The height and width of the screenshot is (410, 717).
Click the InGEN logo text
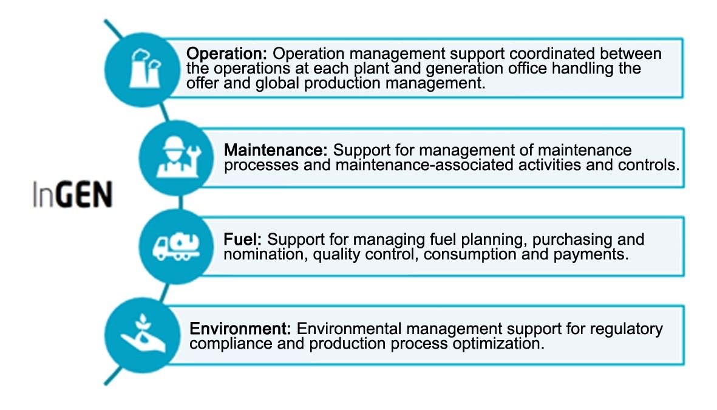click(x=72, y=194)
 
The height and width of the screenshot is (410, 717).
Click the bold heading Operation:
click(x=226, y=53)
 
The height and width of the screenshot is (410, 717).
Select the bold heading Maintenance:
click(x=276, y=149)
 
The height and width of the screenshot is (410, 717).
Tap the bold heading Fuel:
click(x=242, y=239)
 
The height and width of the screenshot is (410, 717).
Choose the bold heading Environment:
click(x=240, y=328)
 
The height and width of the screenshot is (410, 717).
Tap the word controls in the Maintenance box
click(x=648, y=164)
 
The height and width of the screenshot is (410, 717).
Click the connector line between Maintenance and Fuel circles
click(x=181, y=202)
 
